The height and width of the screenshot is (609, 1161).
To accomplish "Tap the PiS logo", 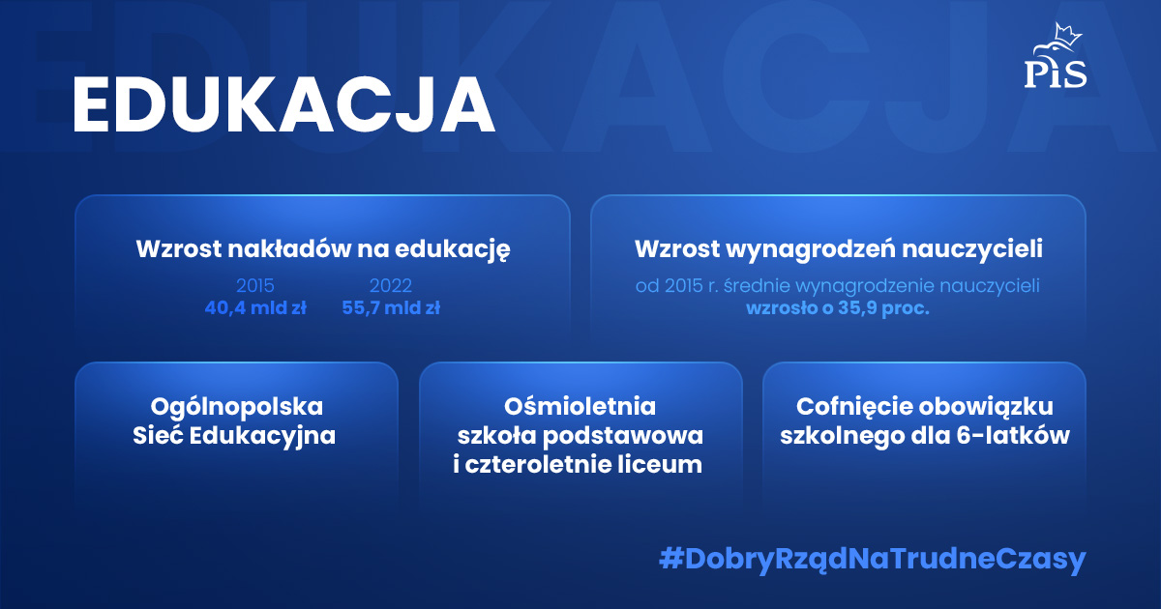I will tap(1055, 60).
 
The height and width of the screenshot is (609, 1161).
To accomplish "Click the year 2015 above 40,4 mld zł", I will tap(255, 286).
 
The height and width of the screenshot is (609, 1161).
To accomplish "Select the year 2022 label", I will tap(391, 286).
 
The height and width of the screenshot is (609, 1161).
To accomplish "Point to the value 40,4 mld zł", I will tap(255, 308).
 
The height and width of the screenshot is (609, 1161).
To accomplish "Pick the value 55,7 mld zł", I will tap(391, 308).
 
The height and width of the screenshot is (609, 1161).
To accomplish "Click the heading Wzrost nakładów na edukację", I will tap(323, 248).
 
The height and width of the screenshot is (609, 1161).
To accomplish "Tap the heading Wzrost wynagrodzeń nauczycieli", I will tap(838, 248).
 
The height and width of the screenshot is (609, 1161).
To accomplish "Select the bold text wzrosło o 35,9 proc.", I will tap(837, 309).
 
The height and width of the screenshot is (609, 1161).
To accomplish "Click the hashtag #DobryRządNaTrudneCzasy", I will tap(872, 560).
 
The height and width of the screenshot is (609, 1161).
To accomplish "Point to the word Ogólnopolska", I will tap(237, 406).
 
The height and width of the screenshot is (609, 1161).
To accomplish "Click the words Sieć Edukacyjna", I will tap(234, 436).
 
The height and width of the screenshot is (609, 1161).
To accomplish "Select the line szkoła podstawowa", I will tap(580, 436).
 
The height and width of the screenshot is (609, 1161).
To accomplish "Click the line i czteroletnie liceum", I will tap(578, 465).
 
